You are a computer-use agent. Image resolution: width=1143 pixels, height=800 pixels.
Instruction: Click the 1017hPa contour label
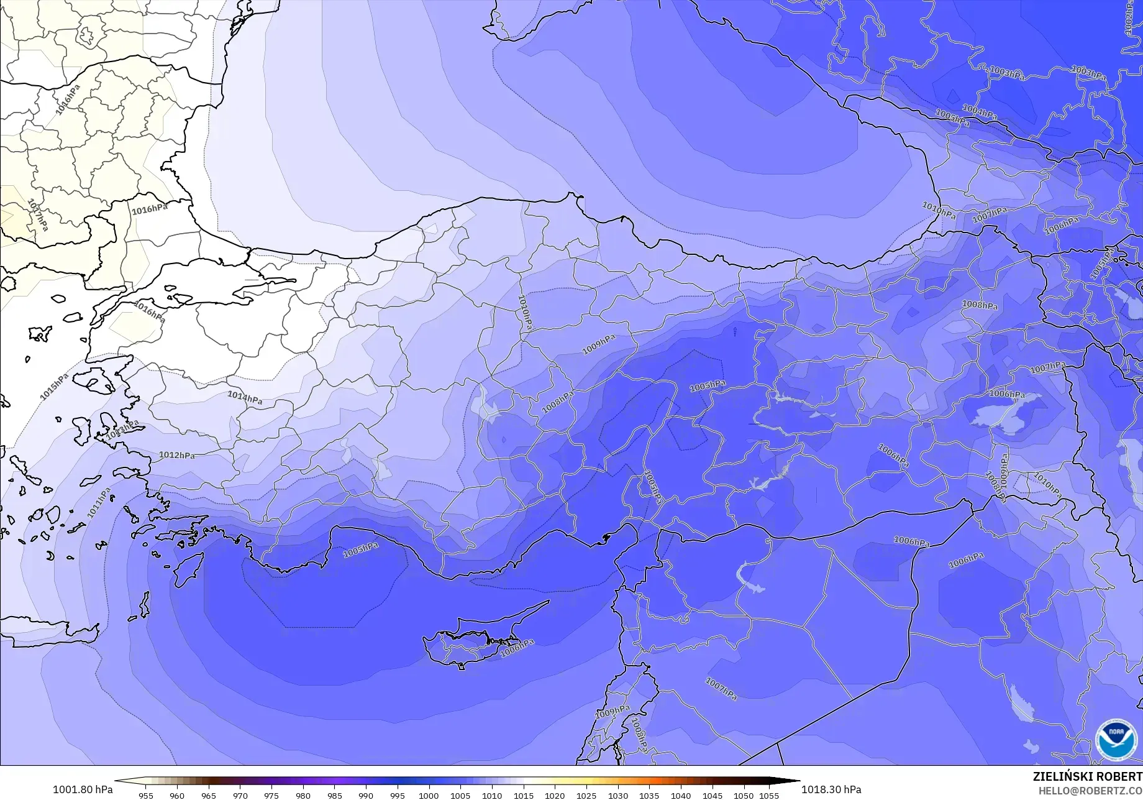(38, 215)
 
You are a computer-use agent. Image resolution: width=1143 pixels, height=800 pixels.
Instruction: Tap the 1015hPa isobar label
(55, 387)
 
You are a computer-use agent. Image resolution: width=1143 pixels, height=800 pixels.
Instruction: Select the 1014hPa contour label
(244, 398)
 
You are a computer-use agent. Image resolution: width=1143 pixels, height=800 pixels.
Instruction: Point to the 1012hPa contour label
(176, 455)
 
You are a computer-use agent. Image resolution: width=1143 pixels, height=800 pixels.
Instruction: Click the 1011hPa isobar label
(99, 503)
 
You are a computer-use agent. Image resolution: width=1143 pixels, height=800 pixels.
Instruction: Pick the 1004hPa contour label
(980, 113)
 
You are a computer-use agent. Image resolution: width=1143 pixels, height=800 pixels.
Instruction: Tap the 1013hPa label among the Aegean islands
(122, 430)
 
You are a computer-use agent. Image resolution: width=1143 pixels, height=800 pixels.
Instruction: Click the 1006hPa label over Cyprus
(517, 648)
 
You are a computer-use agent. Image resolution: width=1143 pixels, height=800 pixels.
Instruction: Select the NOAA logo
(1116, 740)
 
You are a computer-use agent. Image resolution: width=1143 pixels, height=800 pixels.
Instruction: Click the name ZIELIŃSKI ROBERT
(1087, 776)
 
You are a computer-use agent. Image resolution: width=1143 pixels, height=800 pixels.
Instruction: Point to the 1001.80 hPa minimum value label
(83, 789)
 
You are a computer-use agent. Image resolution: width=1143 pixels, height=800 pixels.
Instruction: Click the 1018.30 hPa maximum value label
(831, 789)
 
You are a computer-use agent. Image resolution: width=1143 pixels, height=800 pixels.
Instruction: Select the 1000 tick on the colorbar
(429, 795)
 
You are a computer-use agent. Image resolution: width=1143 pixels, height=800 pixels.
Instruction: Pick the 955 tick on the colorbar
(145, 795)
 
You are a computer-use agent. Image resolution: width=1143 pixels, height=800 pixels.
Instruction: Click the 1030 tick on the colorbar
(617, 795)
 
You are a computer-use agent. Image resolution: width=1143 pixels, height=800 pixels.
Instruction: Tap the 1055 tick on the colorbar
(769, 795)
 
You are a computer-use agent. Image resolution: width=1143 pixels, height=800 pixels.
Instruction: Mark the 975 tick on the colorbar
(271, 795)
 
